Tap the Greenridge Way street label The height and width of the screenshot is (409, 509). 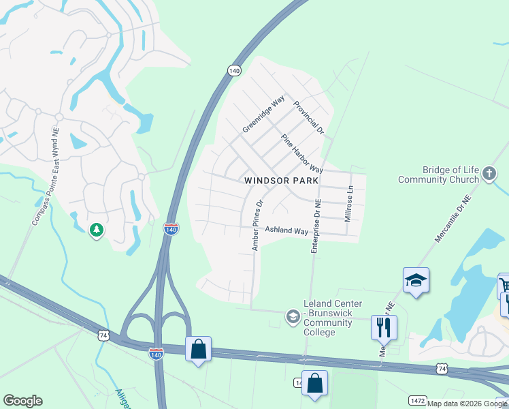(263, 115)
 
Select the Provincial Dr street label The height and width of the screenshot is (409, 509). (309, 117)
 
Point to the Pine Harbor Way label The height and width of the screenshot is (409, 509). (302, 153)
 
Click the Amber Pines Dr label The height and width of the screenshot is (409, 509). (257, 226)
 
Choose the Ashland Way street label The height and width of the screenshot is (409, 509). (286, 231)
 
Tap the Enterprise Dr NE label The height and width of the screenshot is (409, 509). (316, 226)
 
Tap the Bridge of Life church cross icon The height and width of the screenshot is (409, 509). (489, 174)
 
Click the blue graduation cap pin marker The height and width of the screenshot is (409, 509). (416, 280)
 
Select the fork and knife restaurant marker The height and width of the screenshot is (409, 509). (384, 327)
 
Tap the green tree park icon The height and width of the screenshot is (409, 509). (97, 230)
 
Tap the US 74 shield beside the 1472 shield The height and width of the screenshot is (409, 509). (442, 368)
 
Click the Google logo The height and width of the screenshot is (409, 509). (22, 401)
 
